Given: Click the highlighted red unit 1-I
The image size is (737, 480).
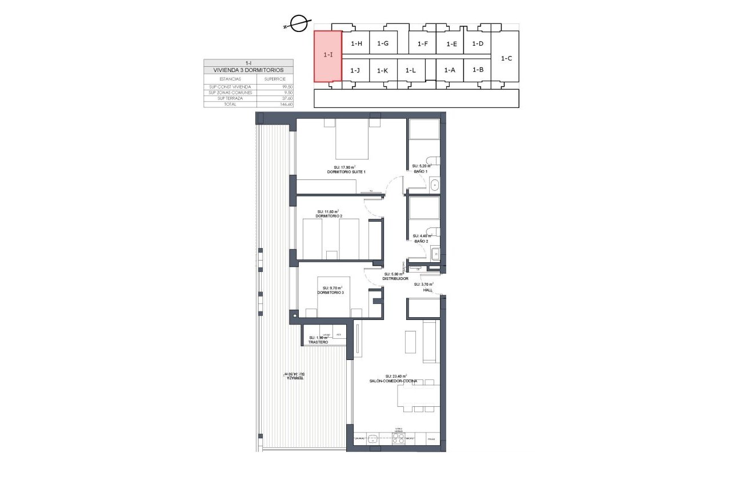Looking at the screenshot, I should [328, 56].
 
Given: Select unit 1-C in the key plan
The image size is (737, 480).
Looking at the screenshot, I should [506, 58].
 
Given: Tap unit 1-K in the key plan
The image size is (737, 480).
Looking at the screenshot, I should [383, 70].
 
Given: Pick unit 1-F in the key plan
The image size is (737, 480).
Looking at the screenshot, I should [423, 44].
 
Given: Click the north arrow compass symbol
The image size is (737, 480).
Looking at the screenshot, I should [297, 25].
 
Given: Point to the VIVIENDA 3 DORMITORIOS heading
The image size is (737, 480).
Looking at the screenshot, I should [248, 70].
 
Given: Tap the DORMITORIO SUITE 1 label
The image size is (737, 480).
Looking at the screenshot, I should [346, 172].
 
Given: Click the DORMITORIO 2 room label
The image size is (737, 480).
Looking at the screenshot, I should [329, 216].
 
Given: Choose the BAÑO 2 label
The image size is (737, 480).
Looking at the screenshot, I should [420, 241].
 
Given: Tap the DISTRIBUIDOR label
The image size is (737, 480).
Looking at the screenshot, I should [395, 278].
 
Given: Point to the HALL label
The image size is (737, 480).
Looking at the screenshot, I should [427, 290].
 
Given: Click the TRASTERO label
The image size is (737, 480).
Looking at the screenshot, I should [318, 342].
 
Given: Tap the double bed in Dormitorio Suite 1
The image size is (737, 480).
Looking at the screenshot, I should [352, 139].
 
